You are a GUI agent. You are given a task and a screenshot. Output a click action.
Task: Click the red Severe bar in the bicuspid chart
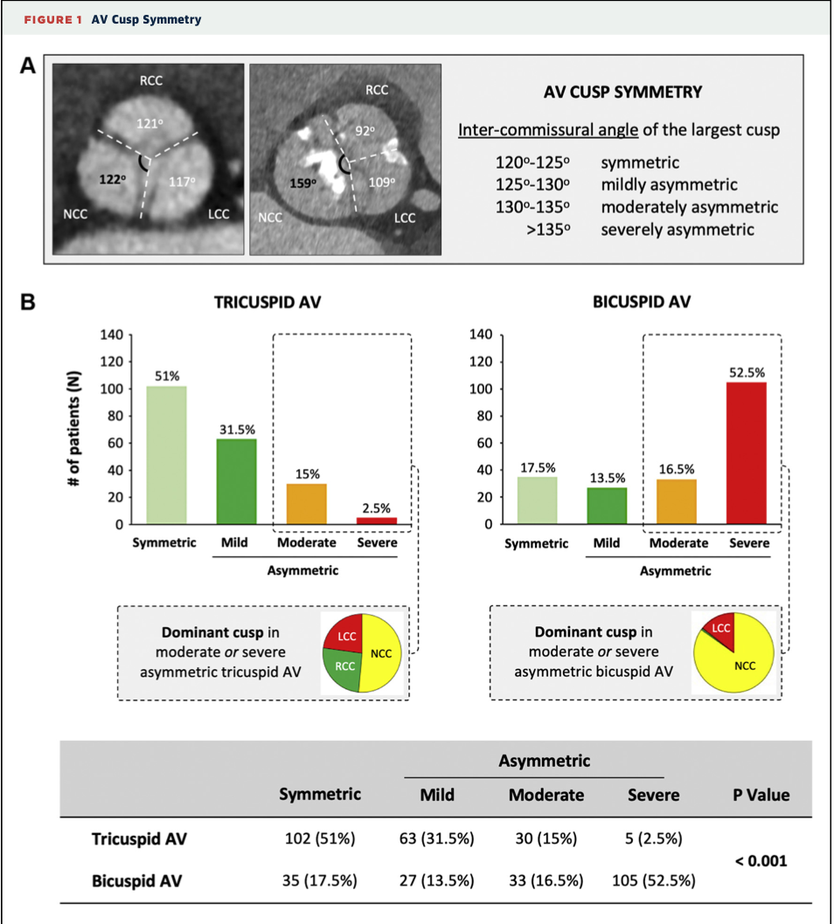748,453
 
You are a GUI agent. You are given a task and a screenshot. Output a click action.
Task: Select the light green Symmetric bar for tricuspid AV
166,455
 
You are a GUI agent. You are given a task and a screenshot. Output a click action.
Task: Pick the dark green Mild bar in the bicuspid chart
606,506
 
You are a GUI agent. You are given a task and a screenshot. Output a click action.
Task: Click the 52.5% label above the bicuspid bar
747,373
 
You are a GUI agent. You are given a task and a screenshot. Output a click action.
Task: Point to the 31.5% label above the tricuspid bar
236,429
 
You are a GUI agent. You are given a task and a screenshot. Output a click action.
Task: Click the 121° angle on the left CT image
149,123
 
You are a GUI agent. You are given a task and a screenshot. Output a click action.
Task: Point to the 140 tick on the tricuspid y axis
114,334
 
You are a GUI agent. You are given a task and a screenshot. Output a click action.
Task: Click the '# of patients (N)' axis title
77,430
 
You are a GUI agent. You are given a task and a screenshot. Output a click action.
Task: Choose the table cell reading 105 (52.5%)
654,880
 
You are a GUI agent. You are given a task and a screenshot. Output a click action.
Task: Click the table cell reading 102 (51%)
319,839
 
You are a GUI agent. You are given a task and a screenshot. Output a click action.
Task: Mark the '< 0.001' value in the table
761,860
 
